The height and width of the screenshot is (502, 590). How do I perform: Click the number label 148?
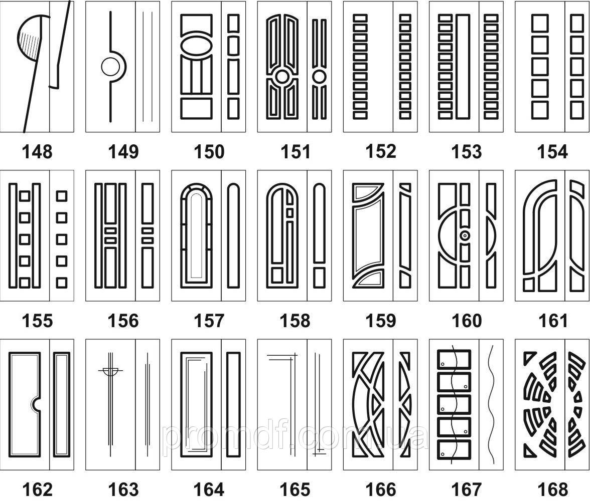[37, 152]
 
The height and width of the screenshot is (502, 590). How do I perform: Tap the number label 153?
[467, 152]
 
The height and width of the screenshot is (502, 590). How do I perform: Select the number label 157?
[209, 321]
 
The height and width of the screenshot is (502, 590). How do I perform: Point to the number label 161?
[553, 321]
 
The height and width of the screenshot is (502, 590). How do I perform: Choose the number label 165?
[295, 489]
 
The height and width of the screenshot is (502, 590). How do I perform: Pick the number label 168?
[553, 489]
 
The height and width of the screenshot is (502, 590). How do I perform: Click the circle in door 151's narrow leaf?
[319, 77]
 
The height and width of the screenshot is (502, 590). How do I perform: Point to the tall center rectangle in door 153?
[463, 67]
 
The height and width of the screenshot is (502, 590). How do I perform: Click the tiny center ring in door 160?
[466, 235]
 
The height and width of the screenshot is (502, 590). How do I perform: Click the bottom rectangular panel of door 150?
[197, 109]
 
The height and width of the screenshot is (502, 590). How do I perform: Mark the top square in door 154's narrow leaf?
[577, 23]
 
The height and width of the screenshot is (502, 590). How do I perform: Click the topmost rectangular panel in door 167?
[454, 360]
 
